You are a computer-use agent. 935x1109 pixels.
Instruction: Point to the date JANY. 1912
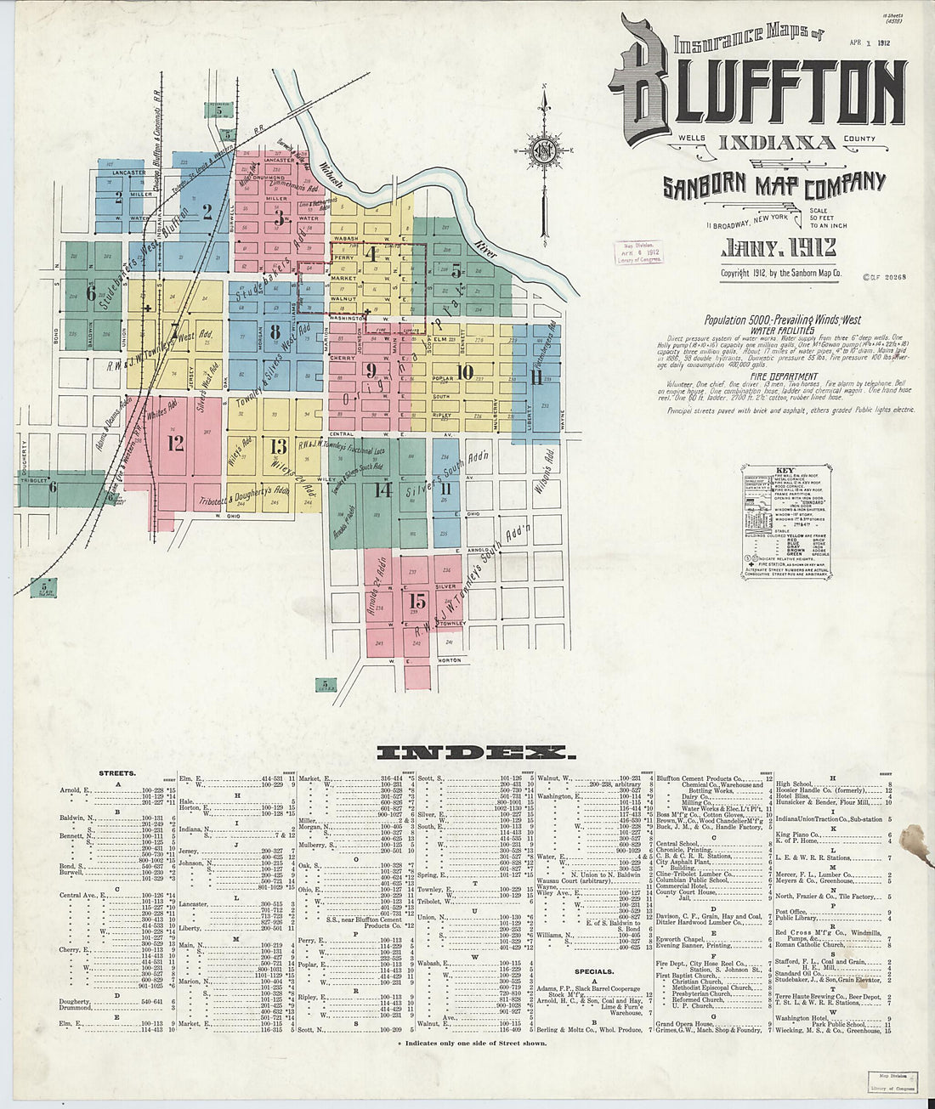pyautogui.click(x=778, y=248)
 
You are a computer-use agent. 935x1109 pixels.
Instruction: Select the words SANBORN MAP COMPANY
pyautogui.click(x=774, y=184)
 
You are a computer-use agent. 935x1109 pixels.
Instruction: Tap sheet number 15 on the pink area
pyautogui.click(x=416, y=601)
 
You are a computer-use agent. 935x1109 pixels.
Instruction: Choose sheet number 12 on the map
pyautogui.click(x=176, y=443)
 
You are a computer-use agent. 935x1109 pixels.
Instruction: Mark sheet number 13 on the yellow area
pyautogui.click(x=278, y=447)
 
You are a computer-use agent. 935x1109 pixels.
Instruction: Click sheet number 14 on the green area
pyautogui.click(x=383, y=489)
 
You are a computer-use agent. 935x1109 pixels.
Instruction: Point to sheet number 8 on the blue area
pyautogui.click(x=274, y=331)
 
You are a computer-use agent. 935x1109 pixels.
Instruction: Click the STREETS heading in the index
pyautogui.click(x=118, y=773)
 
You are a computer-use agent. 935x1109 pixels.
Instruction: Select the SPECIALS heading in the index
pyautogui.click(x=593, y=970)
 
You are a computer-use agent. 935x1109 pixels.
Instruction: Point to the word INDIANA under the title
pyautogui.click(x=777, y=142)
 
